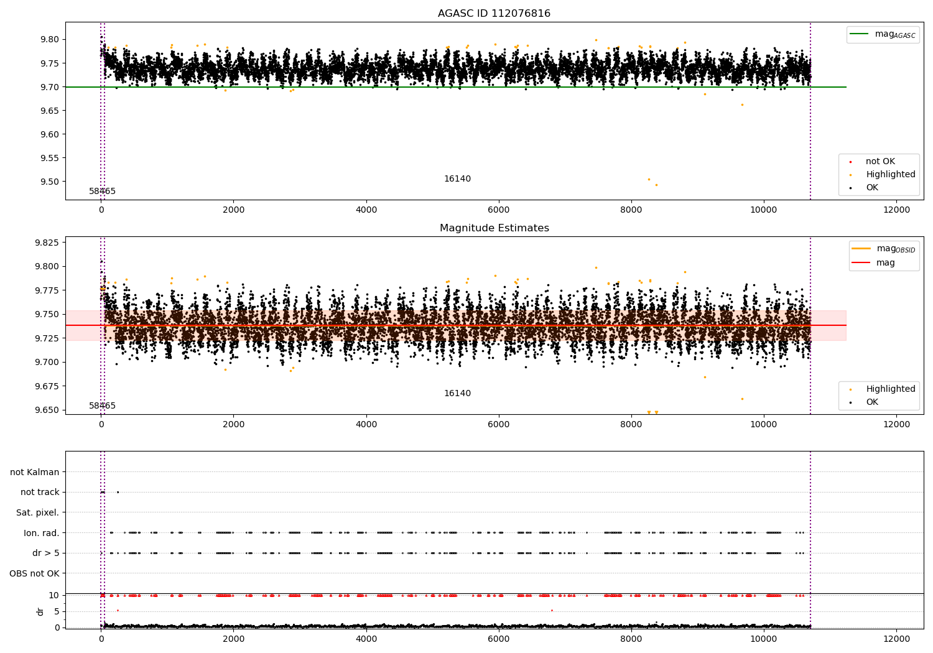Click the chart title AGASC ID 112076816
[494, 14]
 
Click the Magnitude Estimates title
[494, 228]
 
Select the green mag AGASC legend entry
[883, 34]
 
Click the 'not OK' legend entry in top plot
[880, 162]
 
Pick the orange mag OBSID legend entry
[883, 249]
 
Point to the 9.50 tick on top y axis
[50, 182]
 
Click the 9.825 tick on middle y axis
[47, 243]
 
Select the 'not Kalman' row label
[35, 473]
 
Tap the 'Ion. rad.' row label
[41, 533]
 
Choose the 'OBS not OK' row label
[34, 573]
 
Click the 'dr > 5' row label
[45, 553]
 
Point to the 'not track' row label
[40, 493]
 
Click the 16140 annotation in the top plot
[457, 179]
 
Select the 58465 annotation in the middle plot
[102, 406]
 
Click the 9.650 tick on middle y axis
[47, 410]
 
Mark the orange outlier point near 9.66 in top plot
[742, 104]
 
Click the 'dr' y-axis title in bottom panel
[40, 611]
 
